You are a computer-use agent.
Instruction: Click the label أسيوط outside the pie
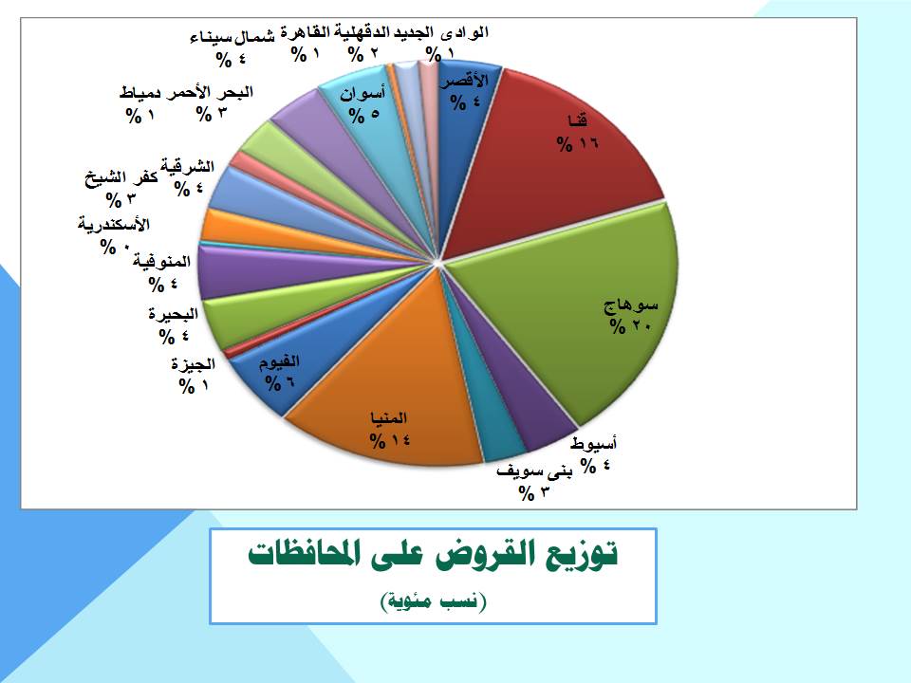coord(593,444)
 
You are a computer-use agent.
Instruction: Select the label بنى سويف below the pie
coord(534,471)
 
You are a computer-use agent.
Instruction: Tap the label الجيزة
coord(194,364)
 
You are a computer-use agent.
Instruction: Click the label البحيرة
coord(173,314)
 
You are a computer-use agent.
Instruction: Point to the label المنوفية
coord(161,262)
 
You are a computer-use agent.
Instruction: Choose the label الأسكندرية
coord(114,224)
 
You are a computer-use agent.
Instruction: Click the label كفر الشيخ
coord(121,177)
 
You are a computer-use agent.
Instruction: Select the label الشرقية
coord(188,166)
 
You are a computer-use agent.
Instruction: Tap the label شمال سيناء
coord(232,38)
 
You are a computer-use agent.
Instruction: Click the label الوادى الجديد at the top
coord(441,32)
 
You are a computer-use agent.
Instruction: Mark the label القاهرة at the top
coord(305,32)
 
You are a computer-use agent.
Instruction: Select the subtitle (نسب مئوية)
coord(433,601)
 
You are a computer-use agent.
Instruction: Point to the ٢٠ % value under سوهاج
coord(631,326)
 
